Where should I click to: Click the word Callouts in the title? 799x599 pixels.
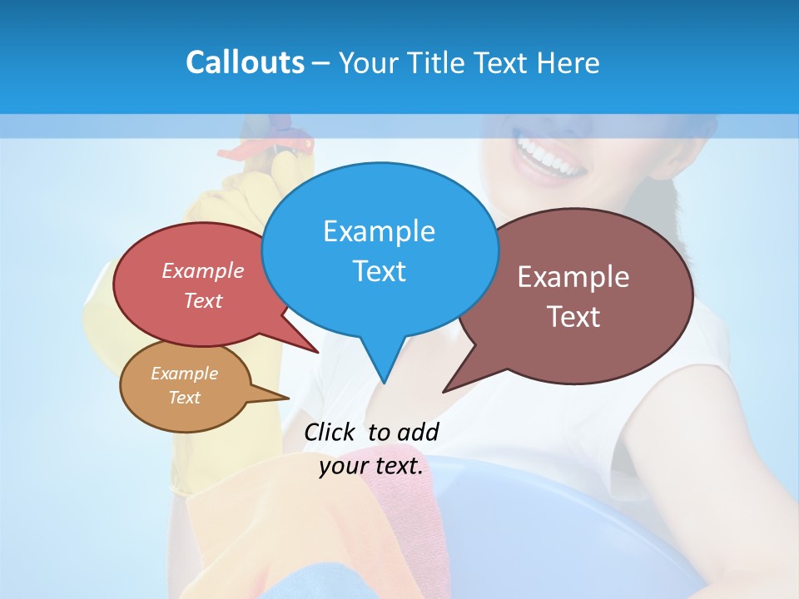point(245,62)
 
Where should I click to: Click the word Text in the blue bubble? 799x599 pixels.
point(379,271)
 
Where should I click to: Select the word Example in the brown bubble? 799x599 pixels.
point(573,277)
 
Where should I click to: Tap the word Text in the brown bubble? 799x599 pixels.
point(573,317)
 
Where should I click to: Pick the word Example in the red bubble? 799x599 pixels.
point(203,270)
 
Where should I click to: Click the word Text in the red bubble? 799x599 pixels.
point(203,300)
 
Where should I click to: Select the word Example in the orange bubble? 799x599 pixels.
point(184,374)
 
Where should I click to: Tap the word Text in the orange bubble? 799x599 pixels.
point(184,398)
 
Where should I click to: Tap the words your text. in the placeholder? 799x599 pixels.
point(371,466)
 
